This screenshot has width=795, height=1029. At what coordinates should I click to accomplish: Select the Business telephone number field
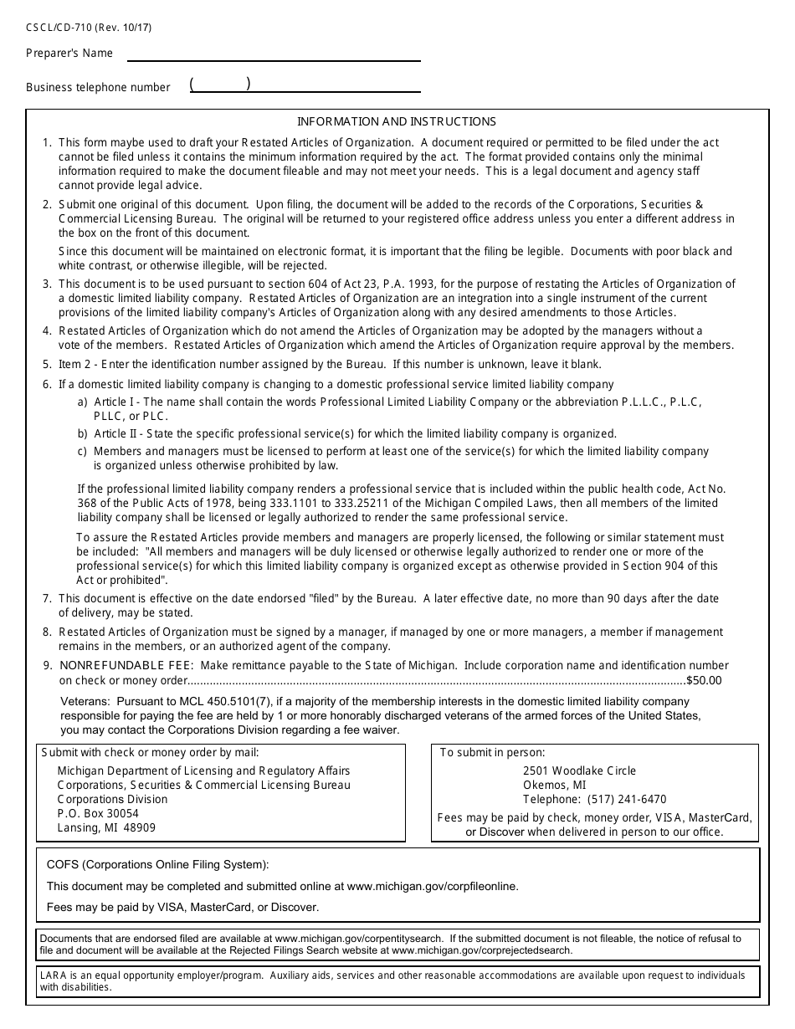point(305,85)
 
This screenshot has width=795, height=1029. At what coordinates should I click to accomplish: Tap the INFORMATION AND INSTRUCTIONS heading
point(397,121)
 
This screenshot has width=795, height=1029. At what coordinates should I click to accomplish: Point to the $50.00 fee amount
point(704,680)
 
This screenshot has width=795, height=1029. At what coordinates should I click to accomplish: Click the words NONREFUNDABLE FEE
point(126,666)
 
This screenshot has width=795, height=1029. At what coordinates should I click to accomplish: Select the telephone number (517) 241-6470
point(628,799)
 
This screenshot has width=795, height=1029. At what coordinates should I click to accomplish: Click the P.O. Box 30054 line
point(98,813)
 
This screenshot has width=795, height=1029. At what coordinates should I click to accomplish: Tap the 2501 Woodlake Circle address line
point(579,770)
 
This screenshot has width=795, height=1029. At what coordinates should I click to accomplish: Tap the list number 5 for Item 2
point(47,365)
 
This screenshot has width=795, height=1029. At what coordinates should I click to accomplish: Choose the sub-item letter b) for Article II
point(83,434)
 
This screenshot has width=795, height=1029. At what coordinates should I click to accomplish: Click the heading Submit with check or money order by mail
point(151,752)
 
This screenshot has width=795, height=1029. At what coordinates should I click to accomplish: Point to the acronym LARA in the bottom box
point(53,975)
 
